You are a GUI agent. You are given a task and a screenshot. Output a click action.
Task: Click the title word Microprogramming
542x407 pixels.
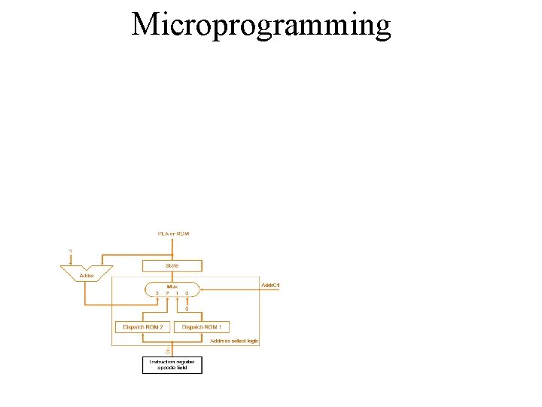261,25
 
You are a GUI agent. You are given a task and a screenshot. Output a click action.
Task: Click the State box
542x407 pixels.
172,265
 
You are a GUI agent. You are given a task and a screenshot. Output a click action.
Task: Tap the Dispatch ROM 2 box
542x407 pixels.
144,327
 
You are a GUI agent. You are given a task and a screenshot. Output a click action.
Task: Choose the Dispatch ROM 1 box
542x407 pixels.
202,327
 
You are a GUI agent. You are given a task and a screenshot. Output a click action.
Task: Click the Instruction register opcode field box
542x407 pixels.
172,365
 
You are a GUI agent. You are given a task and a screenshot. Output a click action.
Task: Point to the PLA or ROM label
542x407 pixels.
173,234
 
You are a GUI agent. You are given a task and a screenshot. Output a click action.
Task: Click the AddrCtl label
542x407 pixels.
270,286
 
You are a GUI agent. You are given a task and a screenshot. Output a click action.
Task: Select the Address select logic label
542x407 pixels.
234,341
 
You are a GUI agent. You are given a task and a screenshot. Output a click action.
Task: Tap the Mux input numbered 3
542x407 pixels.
157,292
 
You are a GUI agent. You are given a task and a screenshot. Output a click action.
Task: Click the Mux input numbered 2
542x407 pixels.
166,292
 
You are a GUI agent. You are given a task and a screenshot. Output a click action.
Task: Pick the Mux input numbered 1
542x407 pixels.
177,292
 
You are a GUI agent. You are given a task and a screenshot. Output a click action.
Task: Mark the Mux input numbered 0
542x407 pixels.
187,292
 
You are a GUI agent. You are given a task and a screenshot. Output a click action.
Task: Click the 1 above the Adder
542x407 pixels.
71,251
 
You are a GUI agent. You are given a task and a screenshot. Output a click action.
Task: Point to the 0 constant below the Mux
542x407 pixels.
187,308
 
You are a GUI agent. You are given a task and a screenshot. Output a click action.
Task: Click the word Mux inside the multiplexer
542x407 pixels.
172,286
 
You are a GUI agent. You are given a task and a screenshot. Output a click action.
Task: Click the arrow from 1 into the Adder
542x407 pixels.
71,261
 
